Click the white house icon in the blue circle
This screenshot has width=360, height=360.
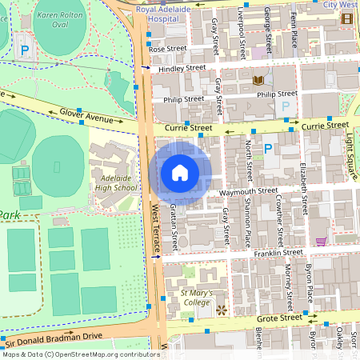point(180,173)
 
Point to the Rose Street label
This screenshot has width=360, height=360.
point(166,49)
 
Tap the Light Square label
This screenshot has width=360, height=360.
point(349,144)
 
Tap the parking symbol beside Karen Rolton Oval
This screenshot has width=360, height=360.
point(25,50)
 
